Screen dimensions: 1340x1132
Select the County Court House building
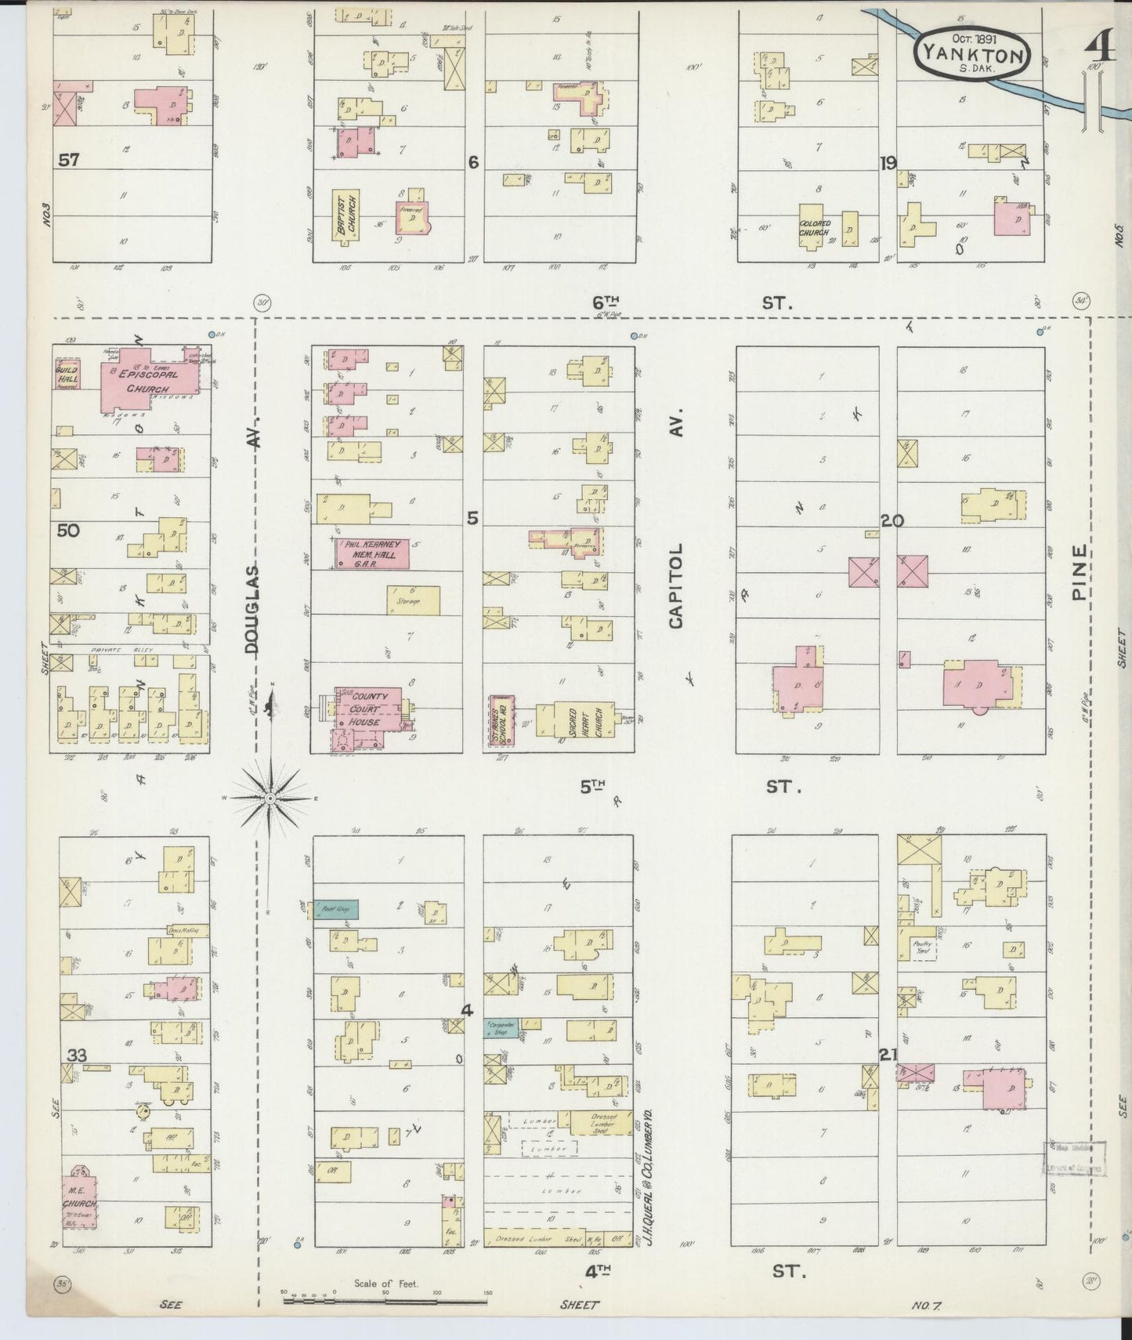pos(367,709)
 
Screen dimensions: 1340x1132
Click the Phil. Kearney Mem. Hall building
pos(372,553)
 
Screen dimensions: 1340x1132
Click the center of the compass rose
pos(269,798)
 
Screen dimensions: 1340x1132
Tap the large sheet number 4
pos(1100,49)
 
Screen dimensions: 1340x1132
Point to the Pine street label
pos(1080,572)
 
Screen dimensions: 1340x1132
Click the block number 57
pos(68,160)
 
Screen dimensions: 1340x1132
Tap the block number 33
pos(76,1055)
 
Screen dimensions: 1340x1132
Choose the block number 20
pos(891,520)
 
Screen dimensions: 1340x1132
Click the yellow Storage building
pos(413,600)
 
